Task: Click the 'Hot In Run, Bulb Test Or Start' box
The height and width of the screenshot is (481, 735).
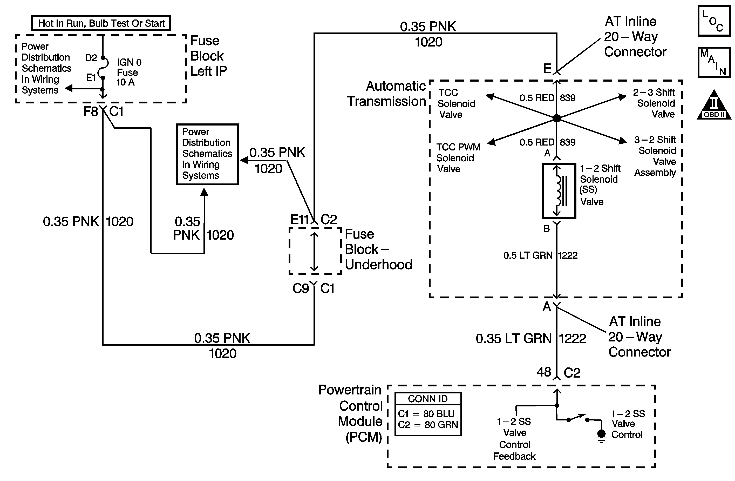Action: click(101, 23)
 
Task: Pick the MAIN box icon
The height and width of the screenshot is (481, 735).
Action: click(714, 62)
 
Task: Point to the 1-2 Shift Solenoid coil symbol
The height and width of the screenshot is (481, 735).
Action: click(559, 191)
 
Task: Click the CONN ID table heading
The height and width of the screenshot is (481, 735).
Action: click(428, 399)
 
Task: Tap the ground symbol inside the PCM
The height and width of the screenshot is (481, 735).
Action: click(601, 435)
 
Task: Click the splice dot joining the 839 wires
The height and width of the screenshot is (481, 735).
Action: click(556, 118)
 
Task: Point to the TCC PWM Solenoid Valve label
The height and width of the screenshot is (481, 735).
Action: click(458, 158)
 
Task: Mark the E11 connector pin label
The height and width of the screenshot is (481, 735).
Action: click(299, 220)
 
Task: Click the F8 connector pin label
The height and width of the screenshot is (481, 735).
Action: click(91, 111)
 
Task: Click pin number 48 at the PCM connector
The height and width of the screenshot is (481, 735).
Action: click(544, 372)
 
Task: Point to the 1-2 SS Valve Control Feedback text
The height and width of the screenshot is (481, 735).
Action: click(514, 439)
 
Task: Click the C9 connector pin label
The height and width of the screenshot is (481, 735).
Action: click(301, 289)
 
